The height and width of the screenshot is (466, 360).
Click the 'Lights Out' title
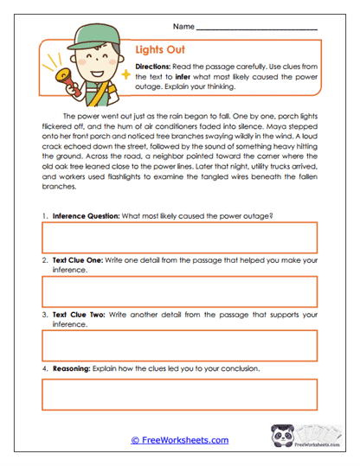[x=161, y=50]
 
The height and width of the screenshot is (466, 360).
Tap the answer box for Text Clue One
[x=179, y=293]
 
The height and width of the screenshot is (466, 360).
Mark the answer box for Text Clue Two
[x=179, y=346]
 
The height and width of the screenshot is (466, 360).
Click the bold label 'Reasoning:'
[x=74, y=367]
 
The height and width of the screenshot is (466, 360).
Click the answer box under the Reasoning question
[x=179, y=394]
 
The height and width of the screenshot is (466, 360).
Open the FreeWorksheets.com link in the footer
[x=180, y=440]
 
